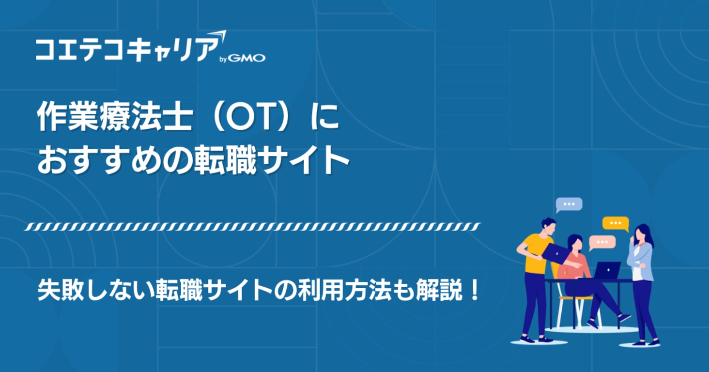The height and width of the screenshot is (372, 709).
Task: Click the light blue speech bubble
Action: pyautogui.click(x=569, y=204)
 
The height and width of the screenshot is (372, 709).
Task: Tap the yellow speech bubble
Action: pyautogui.click(x=616, y=223)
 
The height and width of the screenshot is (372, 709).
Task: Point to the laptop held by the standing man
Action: pyautogui.click(x=555, y=252)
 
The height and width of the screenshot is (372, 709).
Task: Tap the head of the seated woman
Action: pyautogui.click(x=575, y=242)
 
